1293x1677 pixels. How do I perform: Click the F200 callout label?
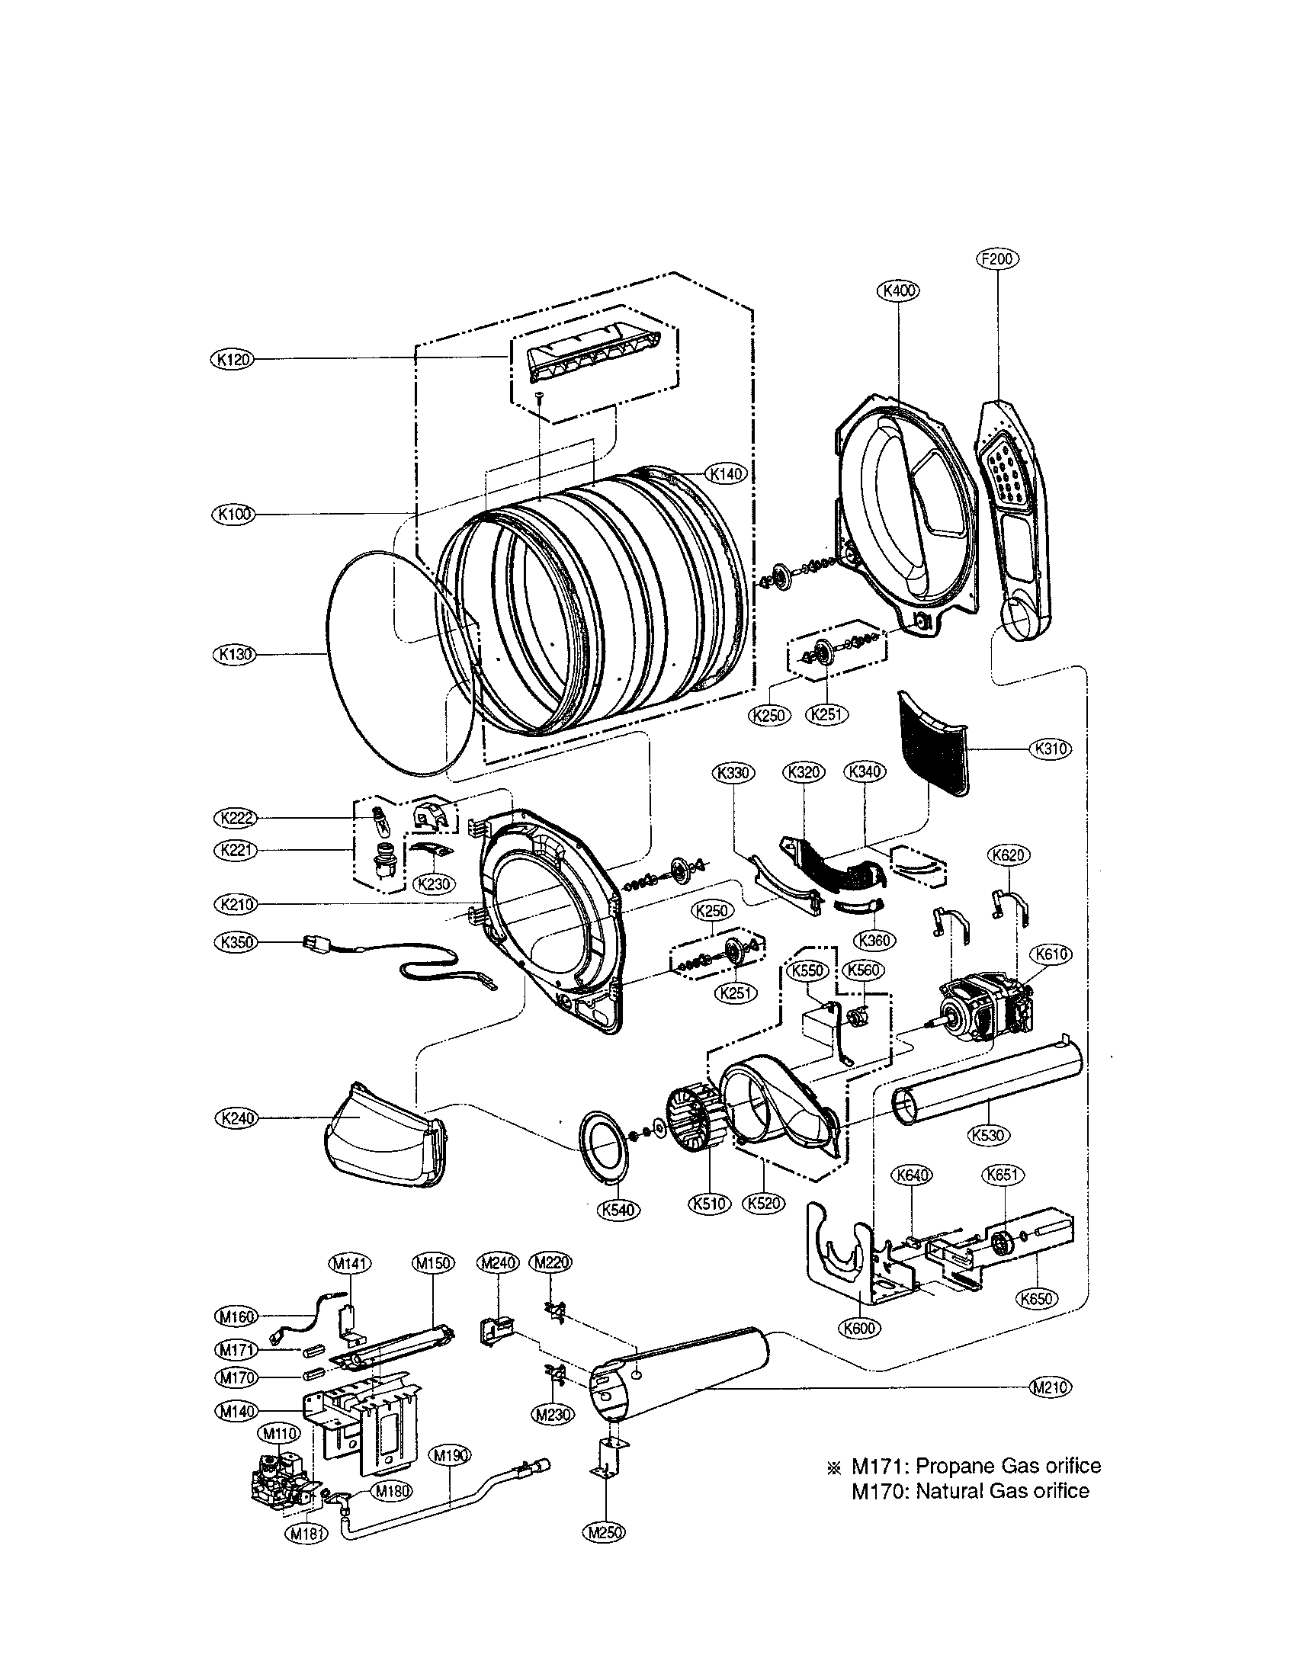pyautogui.click(x=996, y=258)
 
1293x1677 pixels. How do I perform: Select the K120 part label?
pyautogui.click(x=232, y=358)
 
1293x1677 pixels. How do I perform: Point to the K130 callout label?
pyautogui.click(x=232, y=654)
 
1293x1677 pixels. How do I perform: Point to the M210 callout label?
pyautogui.click(x=1049, y=1387)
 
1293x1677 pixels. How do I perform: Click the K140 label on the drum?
pyautogui.click(x=726, y=474)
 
